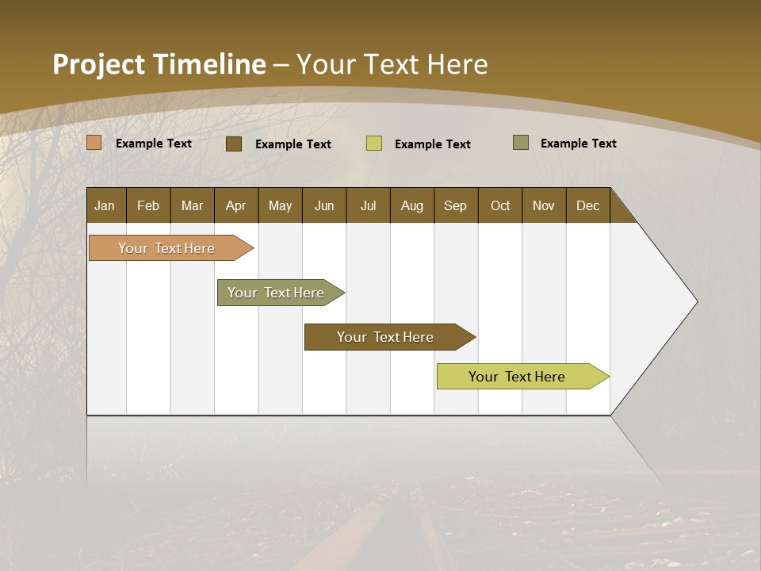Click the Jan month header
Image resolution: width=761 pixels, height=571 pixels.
coord(105,205)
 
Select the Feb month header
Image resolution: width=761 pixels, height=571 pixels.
coord(148,205)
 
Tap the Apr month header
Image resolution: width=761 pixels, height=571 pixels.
coord(235,205)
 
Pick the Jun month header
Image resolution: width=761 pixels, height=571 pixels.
coord(323,205)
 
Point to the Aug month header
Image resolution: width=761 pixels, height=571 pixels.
coord(411,205)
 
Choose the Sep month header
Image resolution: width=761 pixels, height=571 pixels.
coord(455,205)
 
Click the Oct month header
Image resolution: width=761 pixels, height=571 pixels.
coord(499,205)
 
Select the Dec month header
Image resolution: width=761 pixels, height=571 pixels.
coord(587,205)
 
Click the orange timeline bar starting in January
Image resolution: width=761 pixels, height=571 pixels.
coord(166,248)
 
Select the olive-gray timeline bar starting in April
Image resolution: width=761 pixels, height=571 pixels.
coord(276,293)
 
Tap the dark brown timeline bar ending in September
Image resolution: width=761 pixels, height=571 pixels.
coord(385,337)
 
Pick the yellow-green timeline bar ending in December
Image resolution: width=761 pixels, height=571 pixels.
coord(517,377)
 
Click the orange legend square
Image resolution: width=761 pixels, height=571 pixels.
coord(94,143)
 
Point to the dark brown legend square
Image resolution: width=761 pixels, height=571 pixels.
coord(234,144)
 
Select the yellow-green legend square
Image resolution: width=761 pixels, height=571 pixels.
coord(374,144)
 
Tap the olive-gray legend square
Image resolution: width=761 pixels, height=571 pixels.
coord(521,143)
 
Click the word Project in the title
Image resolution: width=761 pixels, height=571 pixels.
coord(97,63)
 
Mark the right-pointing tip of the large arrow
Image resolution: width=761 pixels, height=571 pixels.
coord(695,301)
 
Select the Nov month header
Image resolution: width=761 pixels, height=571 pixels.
coord(543,205)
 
